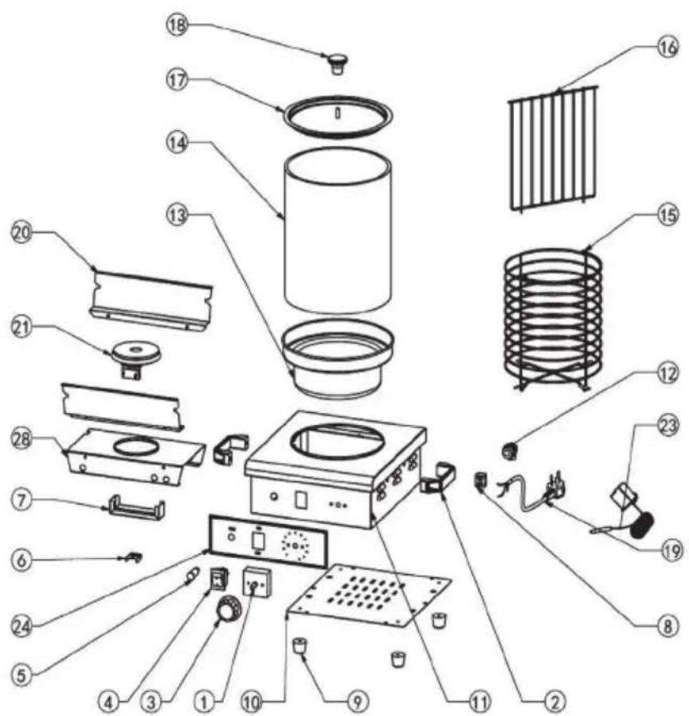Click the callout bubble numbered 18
(x=177, y=25)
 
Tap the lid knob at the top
(x=337, y=63)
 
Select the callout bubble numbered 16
(x=667, y=47)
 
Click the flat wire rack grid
(x=553, y=148)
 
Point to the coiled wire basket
(x=553, y=320)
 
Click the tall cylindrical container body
(x=338, y=230)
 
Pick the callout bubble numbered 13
(x=177, y=214)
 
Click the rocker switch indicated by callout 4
(x=219, y=580)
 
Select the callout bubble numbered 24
(x=22, y=626)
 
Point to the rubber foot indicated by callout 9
(x=299, y=646)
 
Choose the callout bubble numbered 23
(x=667, y=426)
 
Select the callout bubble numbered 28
(x=22, y=439)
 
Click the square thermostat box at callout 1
(x=257, y=582)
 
